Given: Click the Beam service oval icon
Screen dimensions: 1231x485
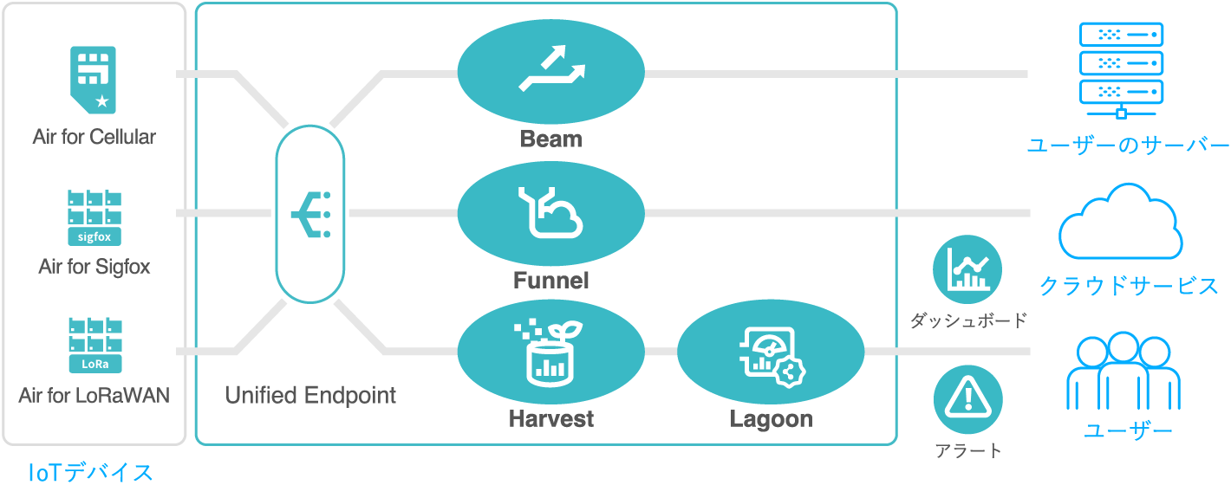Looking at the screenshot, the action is click(x=550, y=71).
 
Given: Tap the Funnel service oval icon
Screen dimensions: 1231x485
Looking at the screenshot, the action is click(x=550, y=213).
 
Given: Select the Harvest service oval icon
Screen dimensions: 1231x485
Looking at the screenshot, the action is click(x=550, y=352).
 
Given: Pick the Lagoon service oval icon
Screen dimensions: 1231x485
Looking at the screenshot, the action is click(x=771, y=352).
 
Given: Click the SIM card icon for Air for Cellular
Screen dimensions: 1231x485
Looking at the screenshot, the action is click(x=93, y=80).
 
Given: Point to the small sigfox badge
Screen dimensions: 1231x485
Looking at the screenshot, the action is click(x=94, y=236).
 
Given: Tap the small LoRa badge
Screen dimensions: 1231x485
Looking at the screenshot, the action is click(x=95, y=364).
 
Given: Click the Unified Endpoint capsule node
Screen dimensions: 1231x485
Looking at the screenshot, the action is click(x=310, y=214).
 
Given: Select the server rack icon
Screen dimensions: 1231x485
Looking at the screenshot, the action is click(x=1121, y=70).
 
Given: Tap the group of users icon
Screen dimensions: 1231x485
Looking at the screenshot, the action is click(x=1124, y=371).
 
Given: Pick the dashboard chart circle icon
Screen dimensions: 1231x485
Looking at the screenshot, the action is click(x=967, y=269).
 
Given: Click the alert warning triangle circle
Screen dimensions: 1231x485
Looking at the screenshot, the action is click(x=967, y=399).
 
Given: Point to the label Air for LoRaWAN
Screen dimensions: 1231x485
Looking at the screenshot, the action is click(x=94, y=396).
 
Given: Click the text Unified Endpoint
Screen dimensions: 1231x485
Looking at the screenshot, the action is click(x=310, y=396).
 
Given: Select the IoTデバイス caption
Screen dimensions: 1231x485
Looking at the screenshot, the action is click(x=90, y=472).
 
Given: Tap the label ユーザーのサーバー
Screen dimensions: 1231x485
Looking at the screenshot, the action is click(x=1128, y=145).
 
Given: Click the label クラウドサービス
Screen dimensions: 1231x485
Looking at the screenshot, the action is click(x=1128, y=286).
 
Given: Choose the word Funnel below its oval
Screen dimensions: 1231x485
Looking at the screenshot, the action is click(x=550, y=281).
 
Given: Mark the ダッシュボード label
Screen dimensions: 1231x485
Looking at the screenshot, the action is click(x=968, y=320).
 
